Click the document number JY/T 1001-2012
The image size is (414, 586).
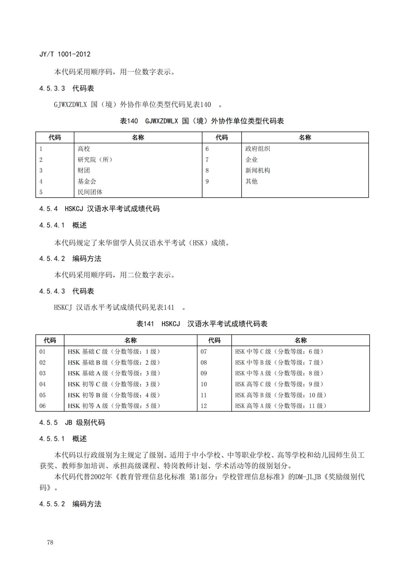click(x=65, y=54)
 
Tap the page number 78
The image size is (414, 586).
click(x=50, y=542)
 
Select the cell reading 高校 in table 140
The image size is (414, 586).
click(x=84, y=149)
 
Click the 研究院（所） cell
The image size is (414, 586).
click(x=95, y=160)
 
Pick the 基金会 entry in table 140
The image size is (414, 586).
click(x=87, y=181)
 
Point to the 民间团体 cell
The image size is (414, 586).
click(x=90, y=192)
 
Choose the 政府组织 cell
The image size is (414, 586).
click(x=258, y=149)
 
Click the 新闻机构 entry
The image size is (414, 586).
click(x=258, y=170)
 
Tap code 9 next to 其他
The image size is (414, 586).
click(x=207, y=181)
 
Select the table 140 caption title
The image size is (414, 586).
click(x=202, y=121)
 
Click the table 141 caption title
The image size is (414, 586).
click(x=202, y=324)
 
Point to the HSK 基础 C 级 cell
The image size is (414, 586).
click(x=114, y=352)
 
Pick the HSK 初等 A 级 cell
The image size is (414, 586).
click(x=114, y=406)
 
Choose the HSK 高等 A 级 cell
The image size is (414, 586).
click(x=281, y=406)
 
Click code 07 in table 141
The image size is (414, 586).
click(x=204, y=352)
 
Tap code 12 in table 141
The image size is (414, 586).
click(x=204, y=406)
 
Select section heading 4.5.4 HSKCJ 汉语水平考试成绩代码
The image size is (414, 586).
click(x=99, y=209)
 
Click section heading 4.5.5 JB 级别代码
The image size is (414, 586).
click(x=72, y=423)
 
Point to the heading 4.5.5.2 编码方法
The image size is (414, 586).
click(x=70, y=504)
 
